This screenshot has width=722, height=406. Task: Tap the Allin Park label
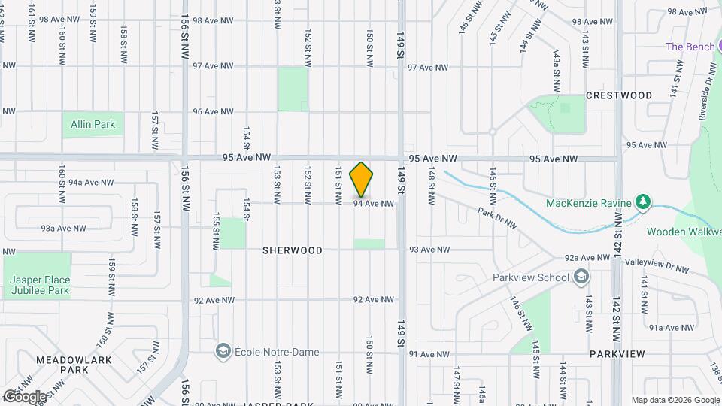94,124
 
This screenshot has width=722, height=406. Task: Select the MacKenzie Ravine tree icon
642,201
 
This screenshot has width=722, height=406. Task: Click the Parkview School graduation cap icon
581,278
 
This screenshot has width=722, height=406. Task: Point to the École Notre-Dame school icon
223,352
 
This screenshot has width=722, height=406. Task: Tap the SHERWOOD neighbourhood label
293,250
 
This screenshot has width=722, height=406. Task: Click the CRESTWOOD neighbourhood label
618,95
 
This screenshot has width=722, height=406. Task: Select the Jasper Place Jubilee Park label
40,285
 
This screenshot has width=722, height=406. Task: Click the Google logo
25,396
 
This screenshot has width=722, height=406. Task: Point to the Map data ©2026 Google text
675,400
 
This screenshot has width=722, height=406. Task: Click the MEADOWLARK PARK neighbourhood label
74,365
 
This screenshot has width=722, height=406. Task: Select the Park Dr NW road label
497,217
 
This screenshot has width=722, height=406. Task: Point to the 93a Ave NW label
63,228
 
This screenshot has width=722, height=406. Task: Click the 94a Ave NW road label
90,183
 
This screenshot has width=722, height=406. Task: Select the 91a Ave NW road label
671,327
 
